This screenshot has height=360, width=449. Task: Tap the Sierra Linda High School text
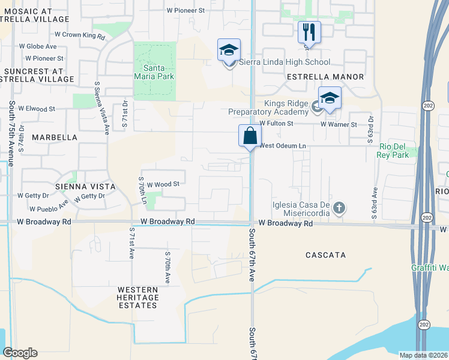285,62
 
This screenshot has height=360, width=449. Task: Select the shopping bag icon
250,136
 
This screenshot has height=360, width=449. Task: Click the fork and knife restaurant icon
309,31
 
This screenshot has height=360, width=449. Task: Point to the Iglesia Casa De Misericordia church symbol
339,208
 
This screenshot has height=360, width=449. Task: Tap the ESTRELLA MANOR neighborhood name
325,77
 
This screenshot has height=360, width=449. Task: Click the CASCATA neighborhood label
326,255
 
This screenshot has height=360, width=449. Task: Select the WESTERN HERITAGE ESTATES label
137,298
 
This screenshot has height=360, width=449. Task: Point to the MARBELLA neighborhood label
55,137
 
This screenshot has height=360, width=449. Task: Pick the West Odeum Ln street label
283,146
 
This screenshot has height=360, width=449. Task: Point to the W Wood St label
163,184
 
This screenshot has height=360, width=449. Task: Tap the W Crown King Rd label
80,36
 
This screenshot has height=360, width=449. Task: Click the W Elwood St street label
37,109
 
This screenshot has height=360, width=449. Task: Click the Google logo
20,353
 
